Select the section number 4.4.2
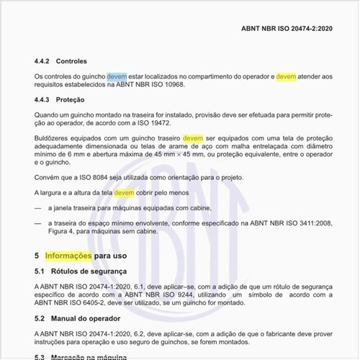click(x=44, y=61)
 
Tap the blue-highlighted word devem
click(x=117, y=76)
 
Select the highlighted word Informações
click(x=68, y=256)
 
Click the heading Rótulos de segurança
click(x=89, y=271)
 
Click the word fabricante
click(x=275, y=333)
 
